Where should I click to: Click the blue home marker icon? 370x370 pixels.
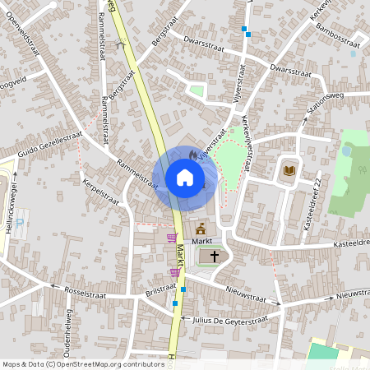click(184, 178)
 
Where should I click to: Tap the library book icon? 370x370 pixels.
click(289, 171)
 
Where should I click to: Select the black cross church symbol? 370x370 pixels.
click(215, 257)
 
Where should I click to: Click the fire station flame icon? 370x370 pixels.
click(192, 154)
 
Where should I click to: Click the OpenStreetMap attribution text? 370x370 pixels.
click(83, 363)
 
